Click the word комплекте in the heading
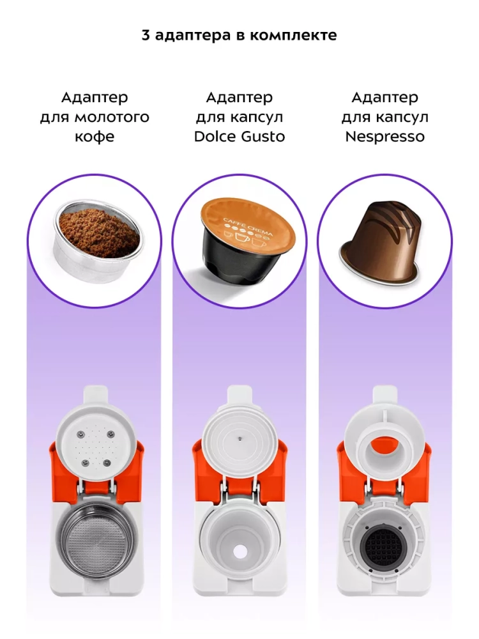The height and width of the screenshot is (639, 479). click(x=293, y=35)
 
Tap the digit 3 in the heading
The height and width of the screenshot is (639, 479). click(x=146, y=35)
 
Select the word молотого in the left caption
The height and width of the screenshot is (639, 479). click(x=112, y=118)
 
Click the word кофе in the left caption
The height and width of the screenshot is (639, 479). click(x=95, y=137)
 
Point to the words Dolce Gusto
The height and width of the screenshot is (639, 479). click(x=240, y=137)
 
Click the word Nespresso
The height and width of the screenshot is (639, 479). click(x=385, y=137)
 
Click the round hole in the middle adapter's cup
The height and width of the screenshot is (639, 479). click(x=239, y=552)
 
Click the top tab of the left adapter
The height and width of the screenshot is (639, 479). click(x=95, y=394)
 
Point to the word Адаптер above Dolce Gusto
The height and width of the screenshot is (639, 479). click(x=240, y=98)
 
